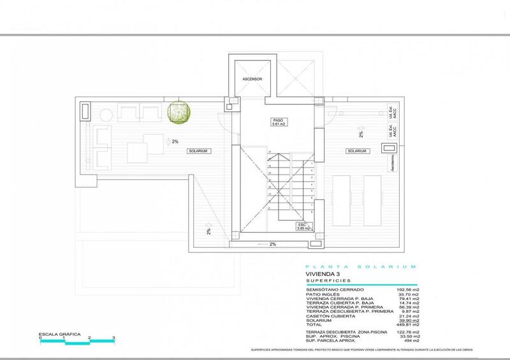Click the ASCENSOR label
(x=252, y=79)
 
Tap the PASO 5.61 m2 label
(x=278, y=122)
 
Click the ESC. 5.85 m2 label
(x=302, y=227)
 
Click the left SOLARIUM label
(x=199, y=151)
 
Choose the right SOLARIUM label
(x=357, y=151)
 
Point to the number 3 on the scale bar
(x=113, y=338)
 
